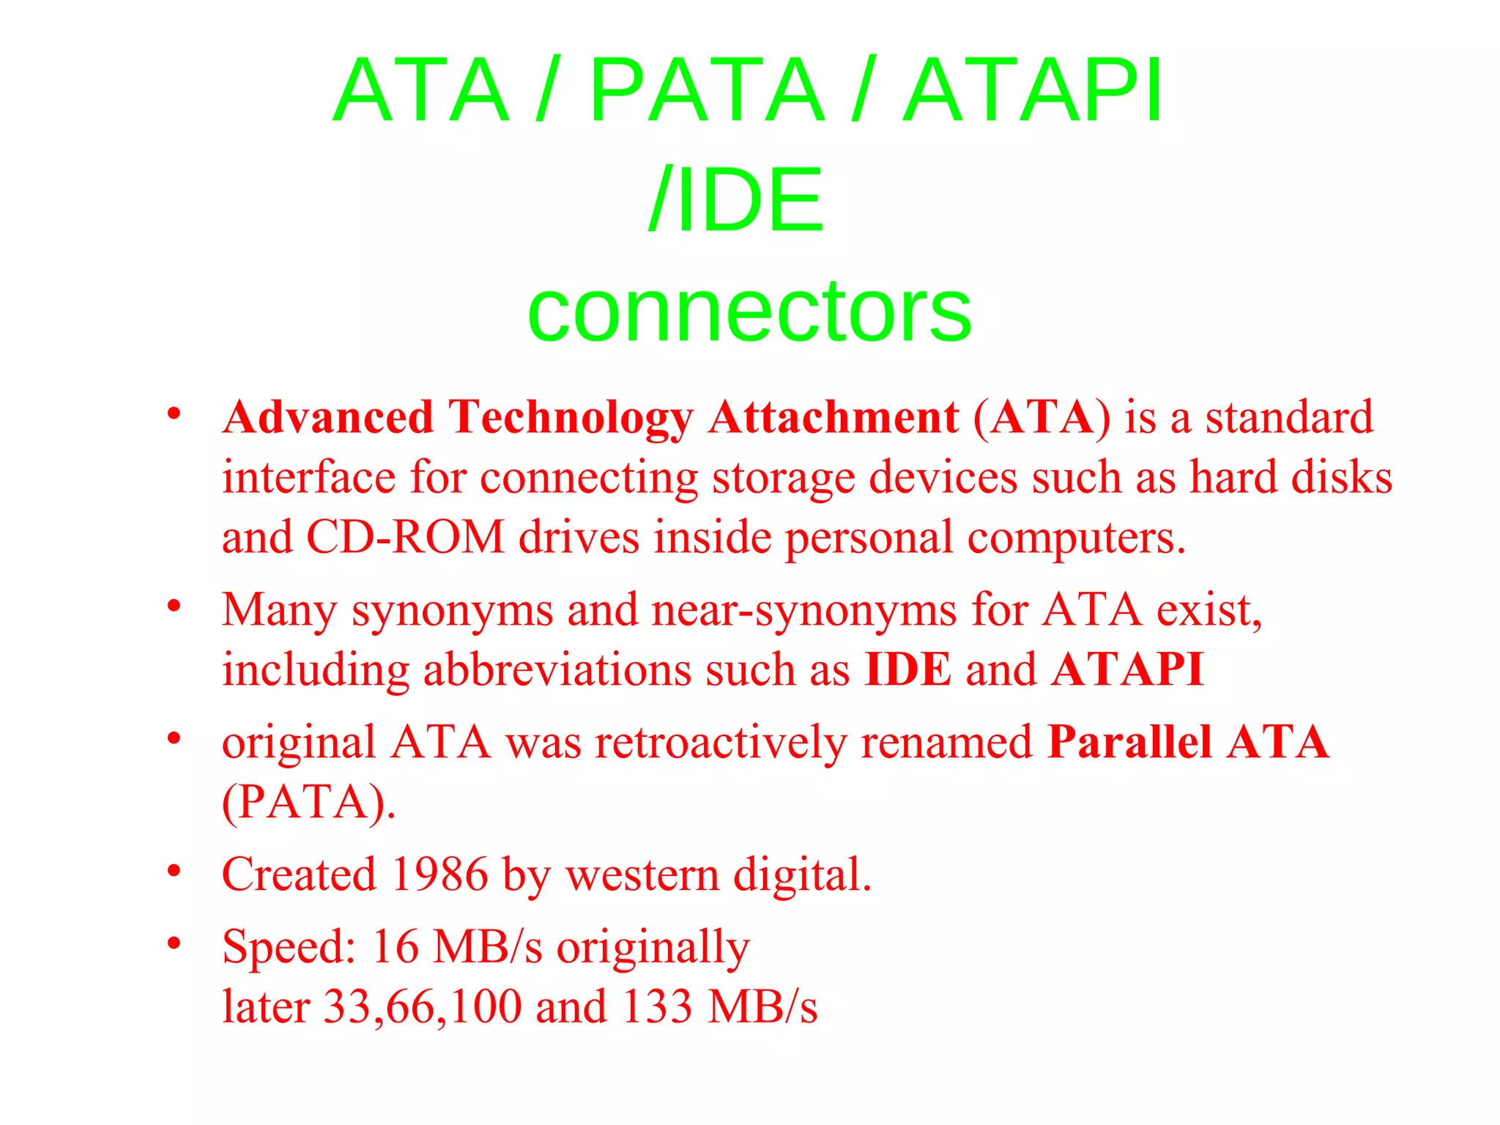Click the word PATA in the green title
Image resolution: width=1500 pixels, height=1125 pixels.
point(707,90)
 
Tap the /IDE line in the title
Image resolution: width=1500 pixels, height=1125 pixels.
point(736,200)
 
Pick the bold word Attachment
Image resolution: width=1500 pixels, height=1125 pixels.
point(833,417)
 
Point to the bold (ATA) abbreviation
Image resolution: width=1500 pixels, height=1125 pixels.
point(1042,417)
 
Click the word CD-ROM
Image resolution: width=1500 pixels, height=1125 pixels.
point(405,537)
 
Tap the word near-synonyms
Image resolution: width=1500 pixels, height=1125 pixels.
point(803,609)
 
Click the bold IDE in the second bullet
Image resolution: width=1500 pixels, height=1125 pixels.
point(907,669)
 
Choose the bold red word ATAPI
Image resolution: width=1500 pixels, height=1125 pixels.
point(1127,669)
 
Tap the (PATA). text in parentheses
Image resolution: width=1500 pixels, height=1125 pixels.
point(308,802)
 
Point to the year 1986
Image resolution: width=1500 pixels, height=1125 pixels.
point(439,875)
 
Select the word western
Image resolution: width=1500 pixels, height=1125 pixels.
point(642,875)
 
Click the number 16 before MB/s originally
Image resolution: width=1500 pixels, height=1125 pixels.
point(395,946)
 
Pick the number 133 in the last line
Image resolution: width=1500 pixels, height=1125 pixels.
point(656,1006)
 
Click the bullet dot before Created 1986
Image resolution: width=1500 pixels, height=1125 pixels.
point(174,871)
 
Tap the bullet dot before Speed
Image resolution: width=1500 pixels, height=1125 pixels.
point(174,943)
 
